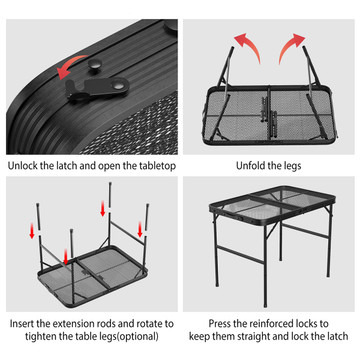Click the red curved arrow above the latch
click(71, 64)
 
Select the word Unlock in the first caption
click(23, 166)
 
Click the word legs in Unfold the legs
click(291, 166)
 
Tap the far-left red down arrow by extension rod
click(32, 231)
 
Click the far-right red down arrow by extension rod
click(140, 230)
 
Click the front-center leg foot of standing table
click(265, 305)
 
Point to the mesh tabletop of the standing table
click(274, 201)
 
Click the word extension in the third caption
click(73, 324)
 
